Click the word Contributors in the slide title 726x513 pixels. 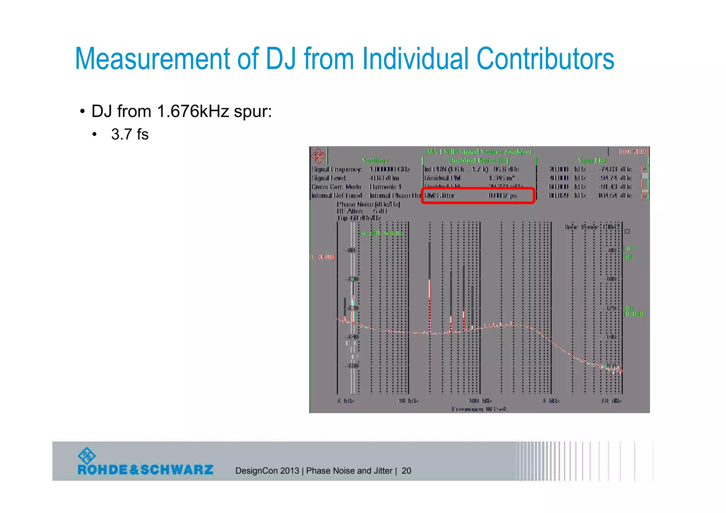click(545, 59)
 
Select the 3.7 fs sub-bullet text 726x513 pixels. click(130, 134)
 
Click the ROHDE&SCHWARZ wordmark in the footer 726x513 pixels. click(145, 469)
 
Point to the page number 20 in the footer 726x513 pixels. click(406, 471)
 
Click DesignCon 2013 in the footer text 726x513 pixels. click(267, 471)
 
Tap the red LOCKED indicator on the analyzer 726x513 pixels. click(632, 152)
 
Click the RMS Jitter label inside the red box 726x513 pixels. click(439, 196)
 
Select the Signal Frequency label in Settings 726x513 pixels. click(336, 169)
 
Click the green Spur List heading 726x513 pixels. click(592, 161)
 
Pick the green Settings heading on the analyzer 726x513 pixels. click(375, 161)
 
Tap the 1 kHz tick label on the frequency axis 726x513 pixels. click(345, 401)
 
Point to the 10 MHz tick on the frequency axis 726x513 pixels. click(611, 401)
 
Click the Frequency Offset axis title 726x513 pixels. click(479, 409)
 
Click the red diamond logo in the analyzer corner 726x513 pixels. click(318, 156)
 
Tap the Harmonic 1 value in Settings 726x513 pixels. click(385, 187)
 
